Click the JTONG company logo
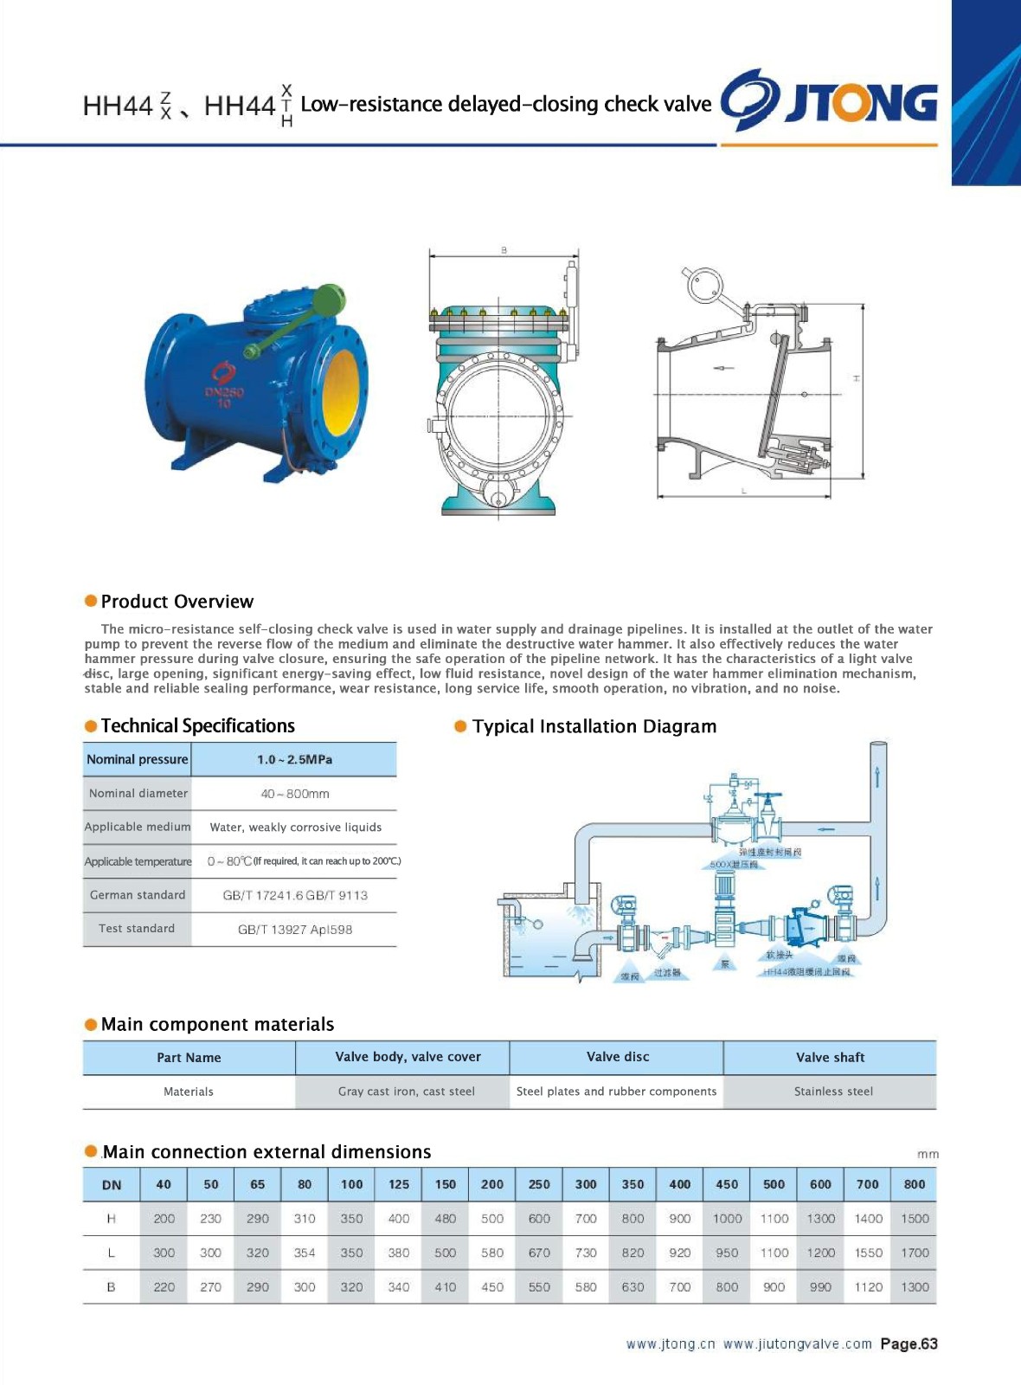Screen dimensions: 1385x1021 [x=829, y=101]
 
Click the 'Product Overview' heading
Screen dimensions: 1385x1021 [x=177, y=602]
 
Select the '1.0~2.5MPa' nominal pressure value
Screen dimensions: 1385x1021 [x=294, y=759]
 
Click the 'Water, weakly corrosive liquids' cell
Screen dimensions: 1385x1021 [x=295, y=828]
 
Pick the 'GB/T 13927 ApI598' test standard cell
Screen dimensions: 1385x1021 [x=295, y=930]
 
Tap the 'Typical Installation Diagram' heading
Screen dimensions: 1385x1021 [x=594, y=726]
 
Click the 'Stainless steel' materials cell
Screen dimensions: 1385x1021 [x=833, y=1092]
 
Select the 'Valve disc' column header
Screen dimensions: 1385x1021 [x=618, y=1057]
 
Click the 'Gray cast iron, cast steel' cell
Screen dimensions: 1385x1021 [x=406, y=1092]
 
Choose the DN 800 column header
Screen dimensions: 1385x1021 [x=915, y=1184]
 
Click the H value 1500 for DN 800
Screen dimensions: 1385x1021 [x=915, y=1219]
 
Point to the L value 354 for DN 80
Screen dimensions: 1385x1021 [x=305, y=1253]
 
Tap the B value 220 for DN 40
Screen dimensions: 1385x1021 [x=164, y=1287]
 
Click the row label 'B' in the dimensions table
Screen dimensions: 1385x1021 [x=111, y=1287]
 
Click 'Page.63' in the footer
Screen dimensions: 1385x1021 [x=909, y=1344]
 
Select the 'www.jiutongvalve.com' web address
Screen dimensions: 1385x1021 [x=797, y=1344]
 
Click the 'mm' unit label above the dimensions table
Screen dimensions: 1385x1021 [x=928, y=1154]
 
